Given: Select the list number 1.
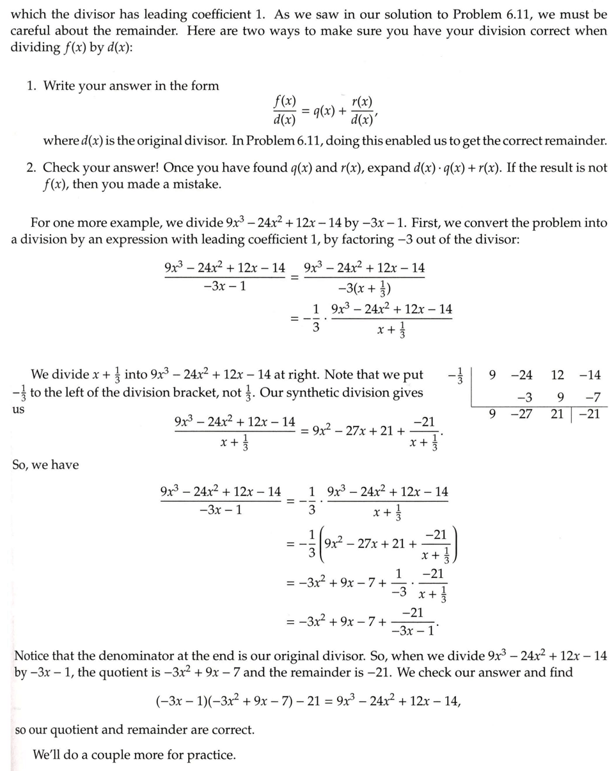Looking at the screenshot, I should pos(31,86).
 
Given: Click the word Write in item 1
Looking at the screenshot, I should pos(61,86).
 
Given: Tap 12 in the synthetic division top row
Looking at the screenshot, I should pos(557,375).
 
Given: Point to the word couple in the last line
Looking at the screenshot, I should pos(111,755).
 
